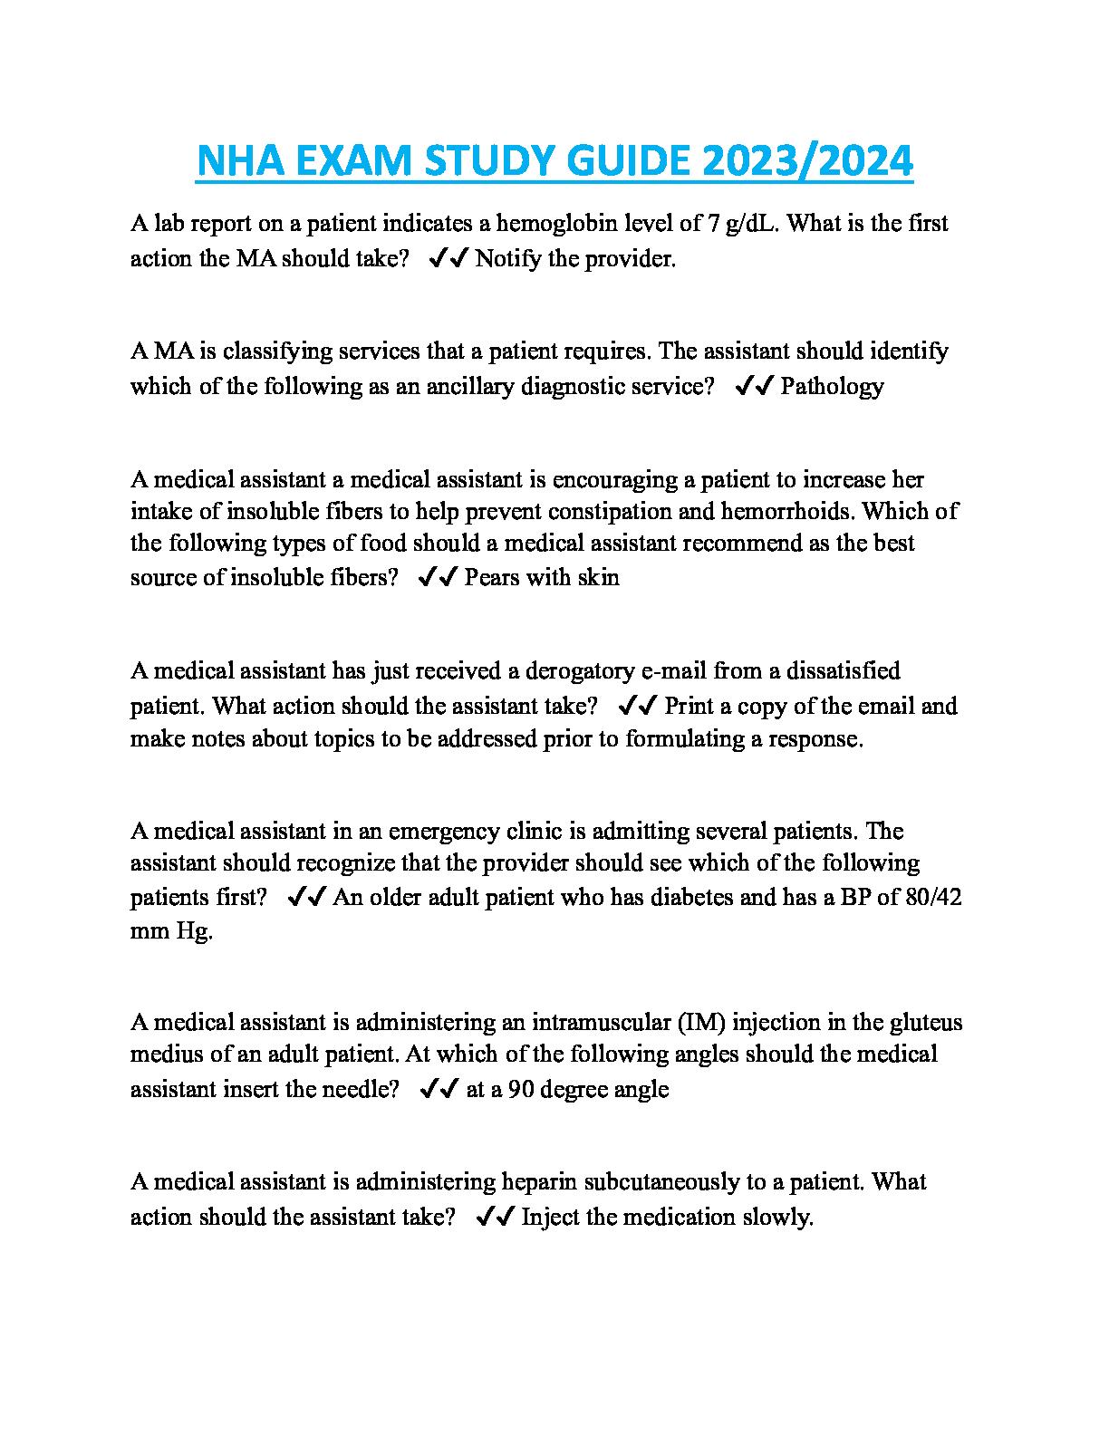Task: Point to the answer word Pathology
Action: point(832,387)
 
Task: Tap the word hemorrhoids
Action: point(786,511)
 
